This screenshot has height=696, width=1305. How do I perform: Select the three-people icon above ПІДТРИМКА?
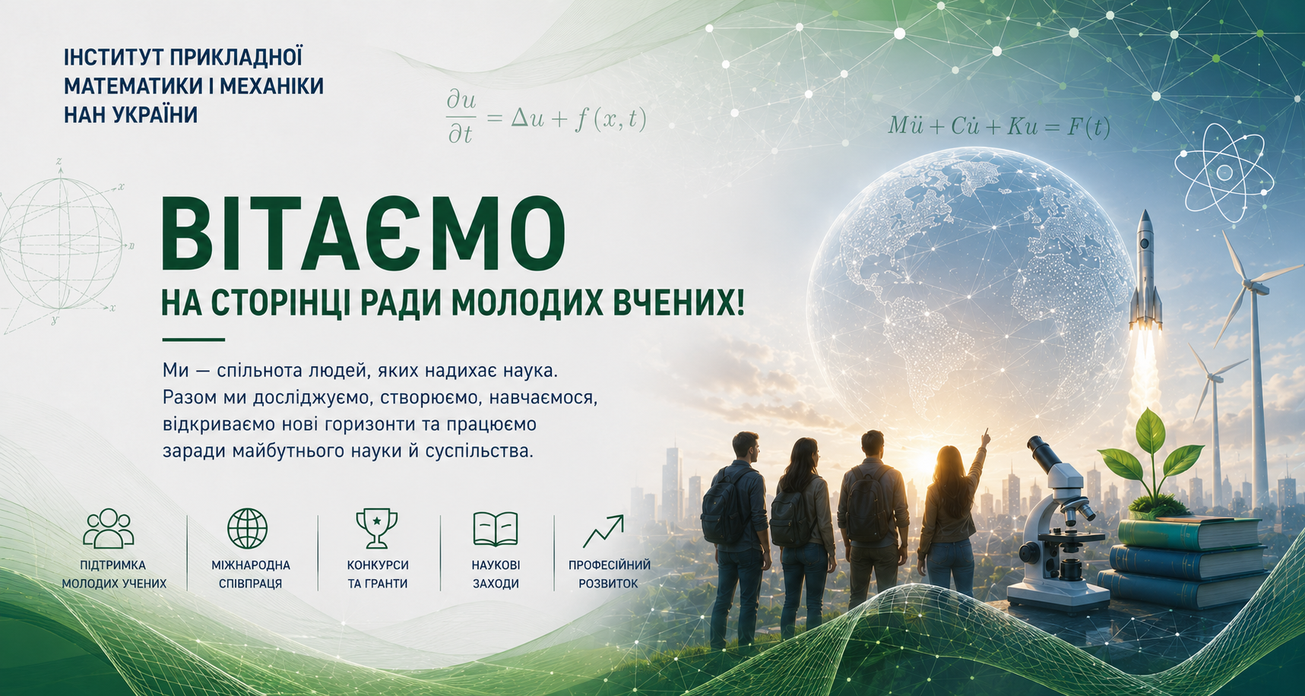click(x=108, y=528)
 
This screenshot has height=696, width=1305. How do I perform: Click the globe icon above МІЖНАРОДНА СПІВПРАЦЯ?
click(x=248, y=528)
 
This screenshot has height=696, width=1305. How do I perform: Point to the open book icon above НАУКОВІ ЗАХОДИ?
click(x=496, y=529)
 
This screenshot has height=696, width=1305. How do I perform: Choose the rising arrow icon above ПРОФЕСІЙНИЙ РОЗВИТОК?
click(x=603, y=531)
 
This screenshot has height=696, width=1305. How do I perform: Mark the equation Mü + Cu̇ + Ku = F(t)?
click(x=999, y=126)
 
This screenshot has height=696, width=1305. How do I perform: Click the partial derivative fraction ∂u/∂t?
click(x=461, y=117)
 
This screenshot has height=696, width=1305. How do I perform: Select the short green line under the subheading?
click(x=194, y=340)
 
